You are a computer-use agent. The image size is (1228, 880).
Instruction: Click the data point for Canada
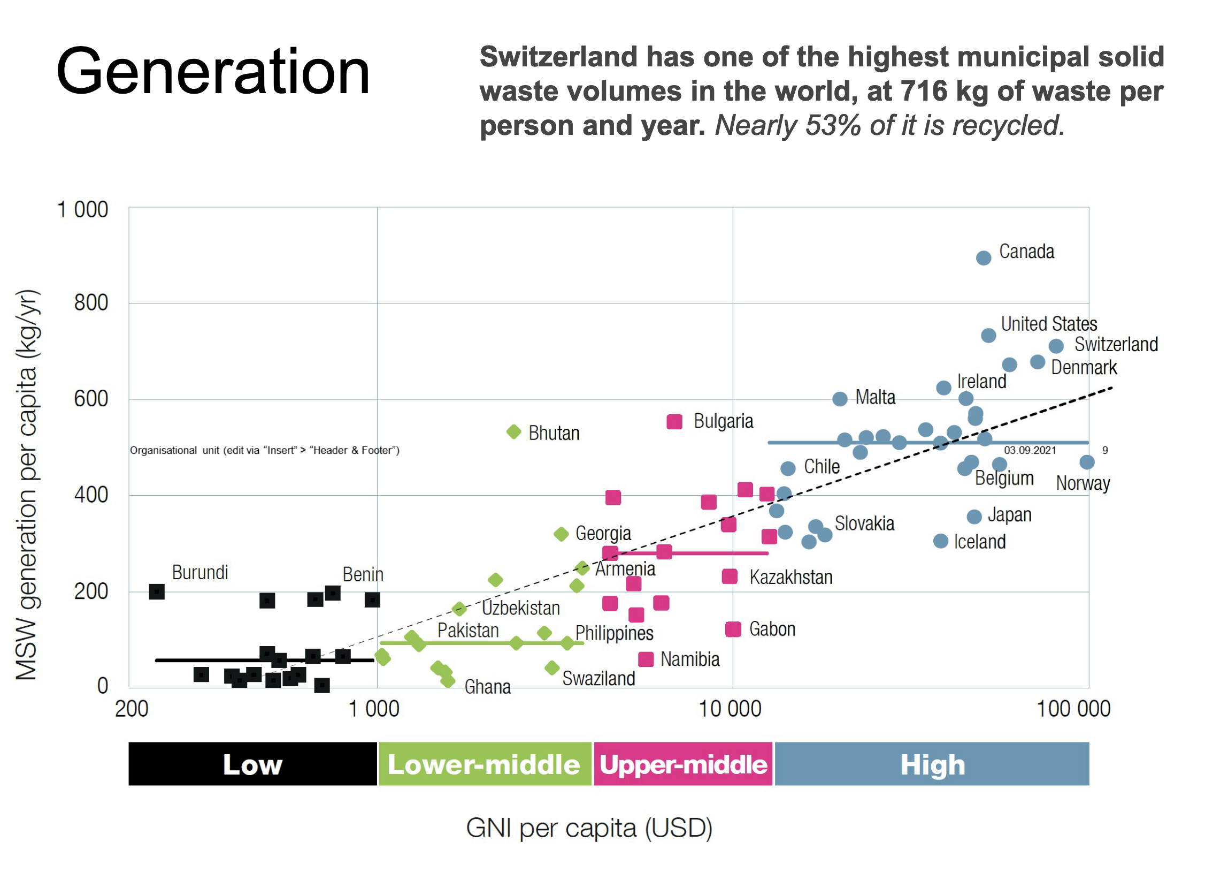pos(983,258)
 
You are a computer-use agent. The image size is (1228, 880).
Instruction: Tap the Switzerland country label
pos(1115,345)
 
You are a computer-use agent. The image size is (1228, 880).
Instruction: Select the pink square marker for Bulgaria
pos(674,422)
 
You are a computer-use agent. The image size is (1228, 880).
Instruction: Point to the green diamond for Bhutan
pos(513,432)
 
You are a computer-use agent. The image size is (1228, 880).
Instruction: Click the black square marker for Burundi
pos(157,591)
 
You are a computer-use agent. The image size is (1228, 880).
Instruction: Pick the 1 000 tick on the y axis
pos(82,210)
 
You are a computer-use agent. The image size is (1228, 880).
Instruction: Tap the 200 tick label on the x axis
pos(132,709)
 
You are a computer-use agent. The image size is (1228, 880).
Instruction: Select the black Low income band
pos(252,764)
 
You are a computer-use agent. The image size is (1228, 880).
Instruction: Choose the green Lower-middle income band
pos(484,764)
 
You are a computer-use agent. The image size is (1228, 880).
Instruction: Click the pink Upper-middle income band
pos(684,764)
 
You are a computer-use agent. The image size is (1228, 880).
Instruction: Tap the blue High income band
pos(932,764)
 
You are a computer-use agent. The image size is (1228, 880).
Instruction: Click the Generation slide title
pos(213,72)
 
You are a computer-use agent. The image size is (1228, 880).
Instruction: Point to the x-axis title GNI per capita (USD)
pos(589,829)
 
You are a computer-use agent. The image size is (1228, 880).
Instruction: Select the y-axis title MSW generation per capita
pos(27,485)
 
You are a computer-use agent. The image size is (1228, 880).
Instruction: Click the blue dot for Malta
pos(840,399)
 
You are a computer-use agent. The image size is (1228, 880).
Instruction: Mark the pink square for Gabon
pos(733,629)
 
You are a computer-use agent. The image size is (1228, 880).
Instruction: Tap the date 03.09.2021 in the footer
pos(1030,450)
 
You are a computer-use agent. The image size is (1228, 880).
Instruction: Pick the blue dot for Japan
pos(974,517)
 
